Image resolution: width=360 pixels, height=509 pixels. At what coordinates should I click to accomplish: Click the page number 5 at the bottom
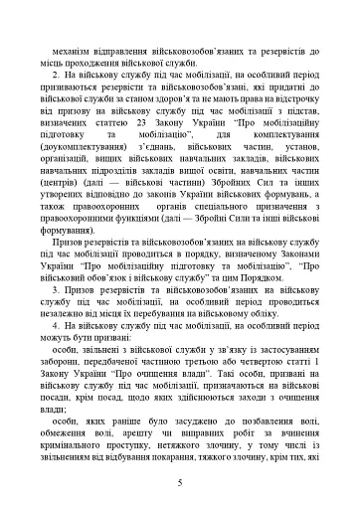pyautogui.click(x=180, y=482)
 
